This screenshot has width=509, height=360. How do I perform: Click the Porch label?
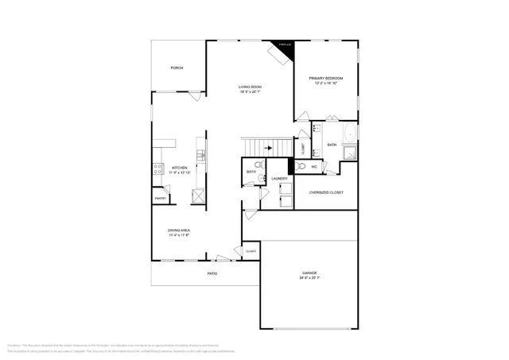tap(177, 68)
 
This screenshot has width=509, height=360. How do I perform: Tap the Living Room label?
tap(251, 87)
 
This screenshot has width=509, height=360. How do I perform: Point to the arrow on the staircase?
tap(268, 147)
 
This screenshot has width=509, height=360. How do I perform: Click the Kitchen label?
tap(180, 168)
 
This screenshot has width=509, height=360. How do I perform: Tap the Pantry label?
tap(159, 199)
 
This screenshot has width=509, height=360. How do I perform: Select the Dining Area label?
tap(179, 230)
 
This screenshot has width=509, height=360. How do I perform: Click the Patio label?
tap(212, 273)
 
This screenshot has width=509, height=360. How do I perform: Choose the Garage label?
tap(309, 274)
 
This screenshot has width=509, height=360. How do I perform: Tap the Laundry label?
tap(279, 179)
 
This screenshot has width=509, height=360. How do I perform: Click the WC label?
tap(314, 167)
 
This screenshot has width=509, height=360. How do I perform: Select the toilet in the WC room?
tap(300, 166)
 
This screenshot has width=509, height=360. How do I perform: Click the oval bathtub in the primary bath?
tap(349, 132)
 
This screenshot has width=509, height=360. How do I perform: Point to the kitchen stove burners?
tap(158, 168)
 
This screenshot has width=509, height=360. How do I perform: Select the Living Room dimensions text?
tap(251, 92)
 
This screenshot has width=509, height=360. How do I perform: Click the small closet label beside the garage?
tap(251, 251)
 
